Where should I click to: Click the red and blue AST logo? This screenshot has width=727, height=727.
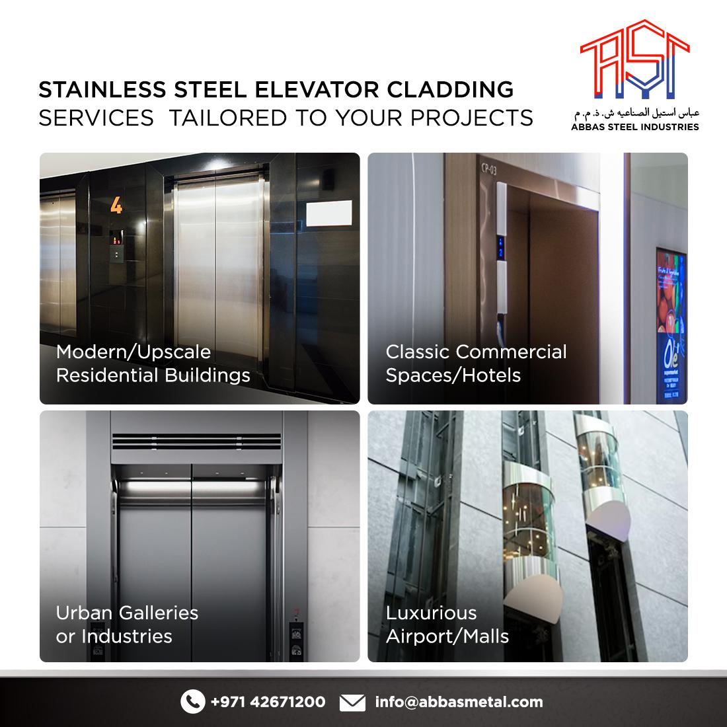[634, 59]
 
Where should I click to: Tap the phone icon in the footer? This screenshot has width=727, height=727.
[193, 701]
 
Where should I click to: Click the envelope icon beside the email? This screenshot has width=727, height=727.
[352, 702]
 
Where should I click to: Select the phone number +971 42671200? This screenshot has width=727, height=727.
[268, 701]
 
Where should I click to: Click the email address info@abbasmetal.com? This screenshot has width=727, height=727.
[459, 701]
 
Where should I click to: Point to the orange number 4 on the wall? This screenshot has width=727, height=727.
[116, 205]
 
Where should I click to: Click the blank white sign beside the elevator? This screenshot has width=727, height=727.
[328, 213]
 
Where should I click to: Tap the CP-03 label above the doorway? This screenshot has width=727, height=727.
[488, 169]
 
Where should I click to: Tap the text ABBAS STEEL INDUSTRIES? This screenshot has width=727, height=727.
[634, 127]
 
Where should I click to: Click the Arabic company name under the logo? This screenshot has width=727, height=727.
[636, 113]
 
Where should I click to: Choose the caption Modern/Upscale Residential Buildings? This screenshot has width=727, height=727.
[153, 363]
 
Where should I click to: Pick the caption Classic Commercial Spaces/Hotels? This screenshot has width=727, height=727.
[476, 363]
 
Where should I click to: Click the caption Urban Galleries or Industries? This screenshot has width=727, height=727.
[127, 625]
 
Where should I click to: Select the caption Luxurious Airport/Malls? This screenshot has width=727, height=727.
[447, 625]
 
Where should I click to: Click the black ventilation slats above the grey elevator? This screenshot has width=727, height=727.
[196, 441]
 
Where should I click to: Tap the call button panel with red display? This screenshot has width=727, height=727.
[116, 245]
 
